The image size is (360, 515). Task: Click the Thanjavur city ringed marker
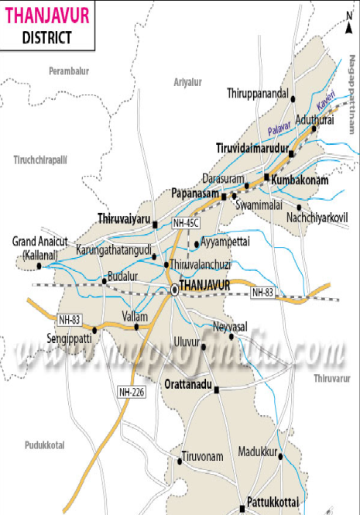[175, 290]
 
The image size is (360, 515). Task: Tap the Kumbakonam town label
[300, 180]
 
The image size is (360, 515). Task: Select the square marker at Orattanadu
[217, 390]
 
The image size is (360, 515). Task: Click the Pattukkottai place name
[272, 501]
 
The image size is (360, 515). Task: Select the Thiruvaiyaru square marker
[155, 225]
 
